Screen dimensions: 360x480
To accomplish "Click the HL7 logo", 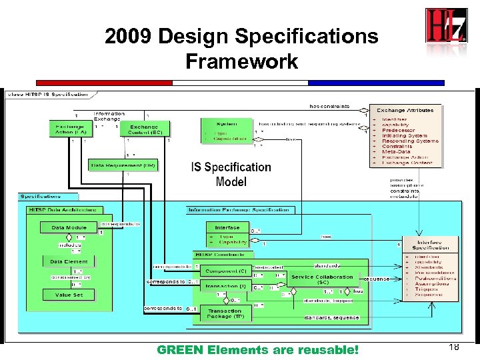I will coord(446,27).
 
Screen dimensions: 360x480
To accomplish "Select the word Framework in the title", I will coord(241,62).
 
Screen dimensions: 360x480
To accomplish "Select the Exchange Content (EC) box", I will coord(146,129).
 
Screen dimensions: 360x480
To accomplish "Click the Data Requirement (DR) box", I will coord(123,165).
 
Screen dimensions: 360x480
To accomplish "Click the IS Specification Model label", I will coord(231,174).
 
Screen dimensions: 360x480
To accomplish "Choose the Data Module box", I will coord(69,227).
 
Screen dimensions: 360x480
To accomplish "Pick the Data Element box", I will coord(69,261).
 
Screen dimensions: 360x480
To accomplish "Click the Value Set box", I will coord(69,294).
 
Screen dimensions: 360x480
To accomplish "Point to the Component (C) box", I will coord(225,271).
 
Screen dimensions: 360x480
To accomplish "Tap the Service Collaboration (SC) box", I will coord(322,279).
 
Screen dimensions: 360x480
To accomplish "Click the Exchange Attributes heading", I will coord(405,110).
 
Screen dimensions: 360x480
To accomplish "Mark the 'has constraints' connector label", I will coord(329,107).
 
